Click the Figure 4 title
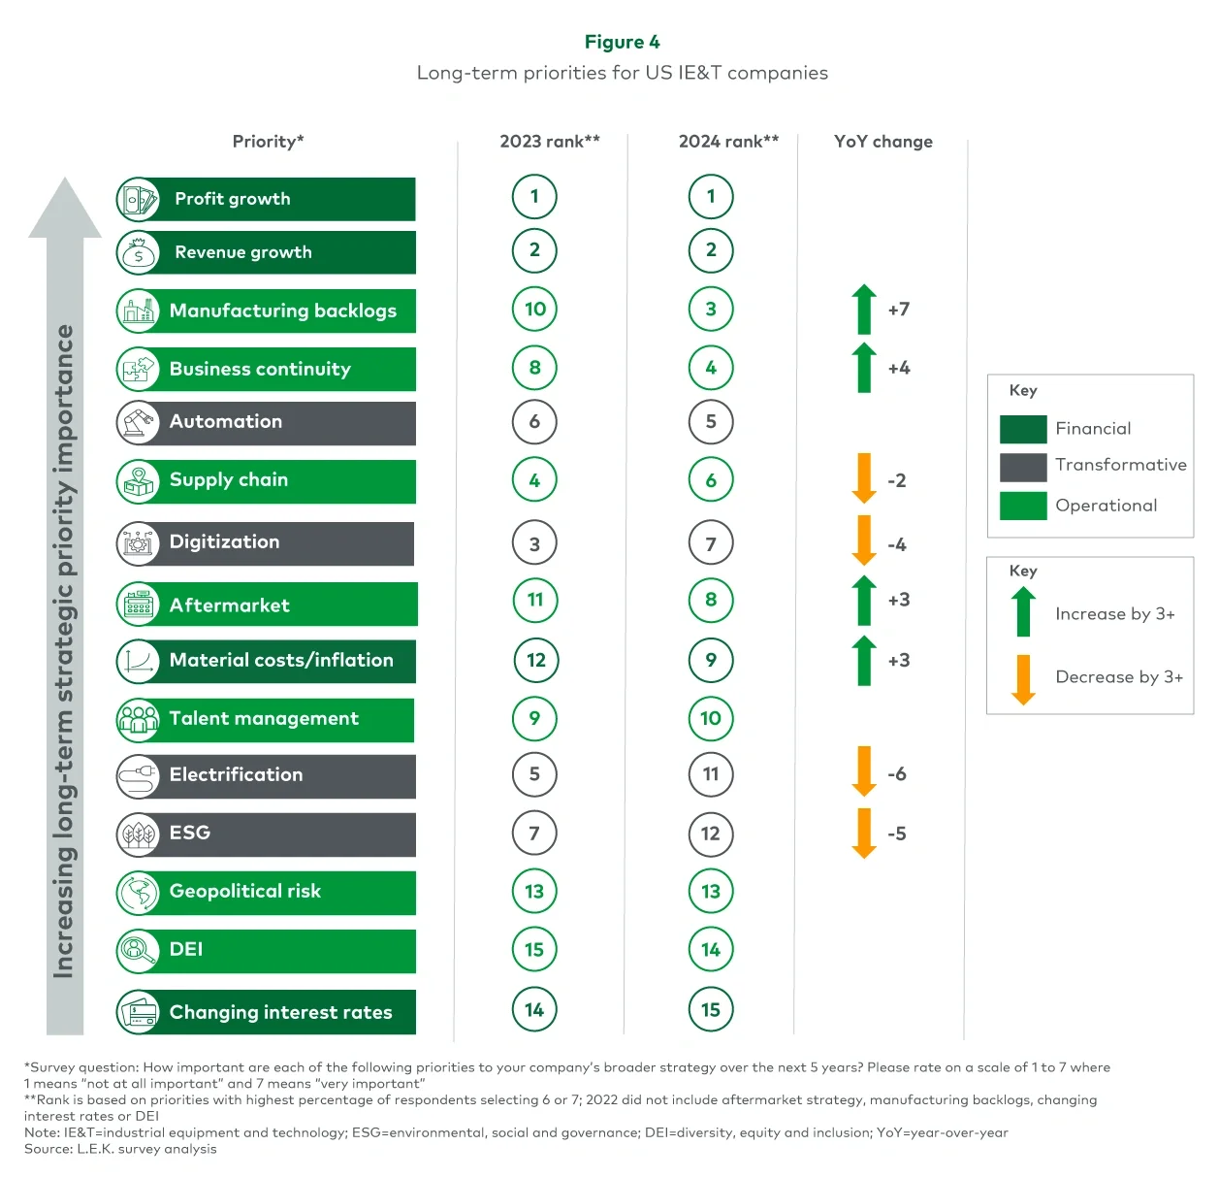tap(622, 42)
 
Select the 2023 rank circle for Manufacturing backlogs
tap(534, 310)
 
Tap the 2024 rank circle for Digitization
tap(711, 543)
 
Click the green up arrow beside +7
tap(863, 310)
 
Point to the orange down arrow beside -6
tap(863, 771)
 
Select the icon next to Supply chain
tap(138, 481)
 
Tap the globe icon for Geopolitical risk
tap(138, 893)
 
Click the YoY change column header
tap(882, 142)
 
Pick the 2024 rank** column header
tap(728, 142)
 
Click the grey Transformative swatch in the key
tap(1023, 467)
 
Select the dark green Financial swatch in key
tap(1023, 429)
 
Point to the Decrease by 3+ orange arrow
tap(1023, 678)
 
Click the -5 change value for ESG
tap(897, 834)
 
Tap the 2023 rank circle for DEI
tap(534, 950)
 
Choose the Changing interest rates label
tap(280, 1012)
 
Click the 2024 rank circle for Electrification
tap(711, 774)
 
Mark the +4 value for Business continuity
tap(899, 368)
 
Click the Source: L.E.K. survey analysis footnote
tap(120, 1149)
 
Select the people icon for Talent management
tap(138, 719)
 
